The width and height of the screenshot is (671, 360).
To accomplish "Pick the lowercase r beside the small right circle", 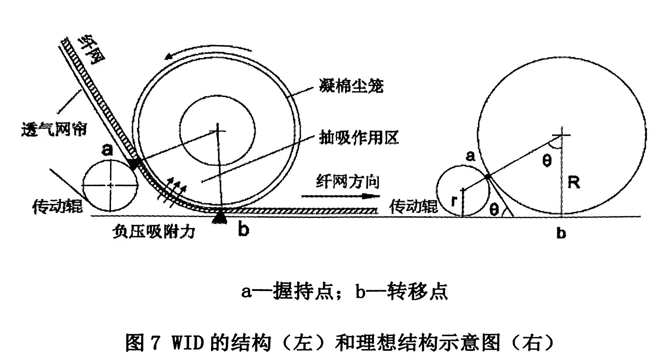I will [454, 201].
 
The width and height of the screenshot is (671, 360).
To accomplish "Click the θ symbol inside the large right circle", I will [546, 161].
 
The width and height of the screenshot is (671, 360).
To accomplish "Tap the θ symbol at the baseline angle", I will [494, 210].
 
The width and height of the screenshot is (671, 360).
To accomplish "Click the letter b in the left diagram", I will [243, 230].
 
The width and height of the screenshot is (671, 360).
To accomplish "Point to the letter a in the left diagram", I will [107, 150].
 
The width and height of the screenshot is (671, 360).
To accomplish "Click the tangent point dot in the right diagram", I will [487, 177].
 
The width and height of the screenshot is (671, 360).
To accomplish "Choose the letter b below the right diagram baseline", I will [561, 233].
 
